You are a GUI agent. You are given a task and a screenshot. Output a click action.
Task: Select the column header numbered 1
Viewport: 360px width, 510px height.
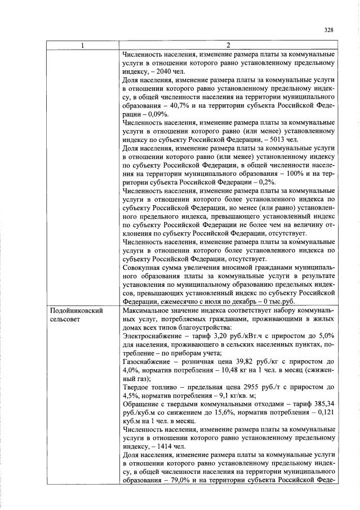83,46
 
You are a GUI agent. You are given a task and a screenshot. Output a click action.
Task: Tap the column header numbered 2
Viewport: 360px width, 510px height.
228,46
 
